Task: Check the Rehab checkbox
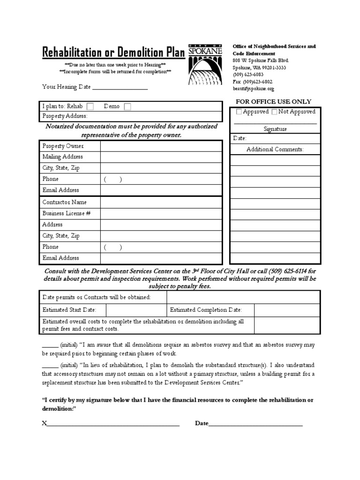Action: pos(90,106)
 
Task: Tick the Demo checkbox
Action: pos(127,106)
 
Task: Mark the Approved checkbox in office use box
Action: pos(239,112)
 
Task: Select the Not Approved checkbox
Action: pos(274,112)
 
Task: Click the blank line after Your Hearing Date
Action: pos(120,87)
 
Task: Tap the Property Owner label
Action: pos(63,146)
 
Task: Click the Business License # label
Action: pos(66,213)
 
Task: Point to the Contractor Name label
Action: pos(64,202)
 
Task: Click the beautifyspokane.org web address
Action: pos(253,89)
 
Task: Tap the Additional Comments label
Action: pos(275,150)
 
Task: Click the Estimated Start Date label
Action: pos(69,310)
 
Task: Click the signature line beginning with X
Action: pos(112,424)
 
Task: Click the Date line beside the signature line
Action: pos(255,424)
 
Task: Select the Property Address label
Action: pos(65,116)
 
